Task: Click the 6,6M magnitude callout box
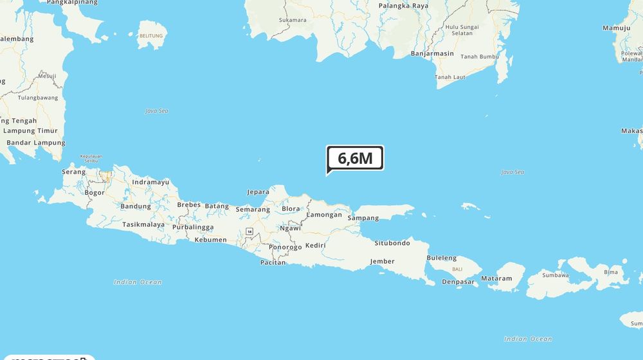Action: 355,158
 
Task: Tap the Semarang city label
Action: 253,210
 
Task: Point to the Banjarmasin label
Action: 432,54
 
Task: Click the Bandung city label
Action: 136,206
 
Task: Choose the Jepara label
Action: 258,192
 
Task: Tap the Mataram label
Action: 497,278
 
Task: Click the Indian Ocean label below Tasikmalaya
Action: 138,282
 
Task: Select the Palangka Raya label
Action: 403,6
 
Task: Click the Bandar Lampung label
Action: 35,143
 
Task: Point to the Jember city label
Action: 382,261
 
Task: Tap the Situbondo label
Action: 392,243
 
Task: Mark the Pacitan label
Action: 273,262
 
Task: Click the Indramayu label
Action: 150,182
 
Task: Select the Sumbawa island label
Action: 556,275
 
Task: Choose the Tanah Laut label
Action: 450,77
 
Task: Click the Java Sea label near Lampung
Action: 156,111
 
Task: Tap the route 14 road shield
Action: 248,231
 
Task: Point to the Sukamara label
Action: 293,20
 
